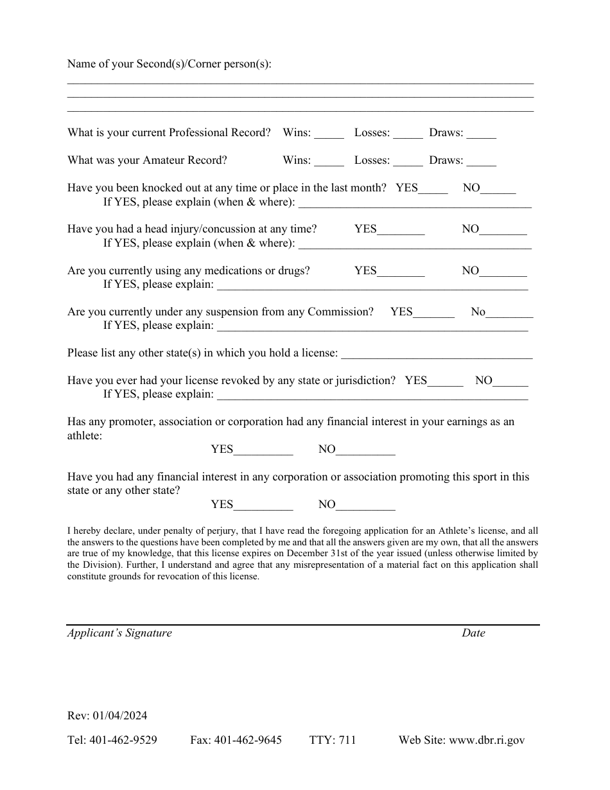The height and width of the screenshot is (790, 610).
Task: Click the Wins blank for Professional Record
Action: coord(329,134)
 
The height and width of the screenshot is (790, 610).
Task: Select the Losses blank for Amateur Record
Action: coord(408,162)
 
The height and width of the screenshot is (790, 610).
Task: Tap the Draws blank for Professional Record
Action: coord(482,134)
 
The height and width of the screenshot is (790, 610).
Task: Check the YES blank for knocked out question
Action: coord(433,189)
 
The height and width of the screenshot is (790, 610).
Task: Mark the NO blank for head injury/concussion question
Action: coord(503,231)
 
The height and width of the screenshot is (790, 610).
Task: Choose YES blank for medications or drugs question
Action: coord(401,272)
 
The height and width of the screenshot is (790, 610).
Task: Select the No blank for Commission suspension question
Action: coord(509,313)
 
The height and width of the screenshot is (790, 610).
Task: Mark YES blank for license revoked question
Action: coord(445,382)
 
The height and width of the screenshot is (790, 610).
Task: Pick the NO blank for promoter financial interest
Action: coord(365,450)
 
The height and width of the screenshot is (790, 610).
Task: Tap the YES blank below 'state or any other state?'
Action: coord(263,505)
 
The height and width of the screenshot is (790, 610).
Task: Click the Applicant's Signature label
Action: coord(119,633)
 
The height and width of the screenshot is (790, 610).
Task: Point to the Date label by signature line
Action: coord(473,633)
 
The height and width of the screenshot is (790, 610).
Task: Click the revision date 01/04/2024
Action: coord(119,716)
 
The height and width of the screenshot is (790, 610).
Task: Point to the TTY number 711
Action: coord(347,741)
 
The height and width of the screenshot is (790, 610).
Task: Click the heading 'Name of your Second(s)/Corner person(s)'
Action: coord(170,64)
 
